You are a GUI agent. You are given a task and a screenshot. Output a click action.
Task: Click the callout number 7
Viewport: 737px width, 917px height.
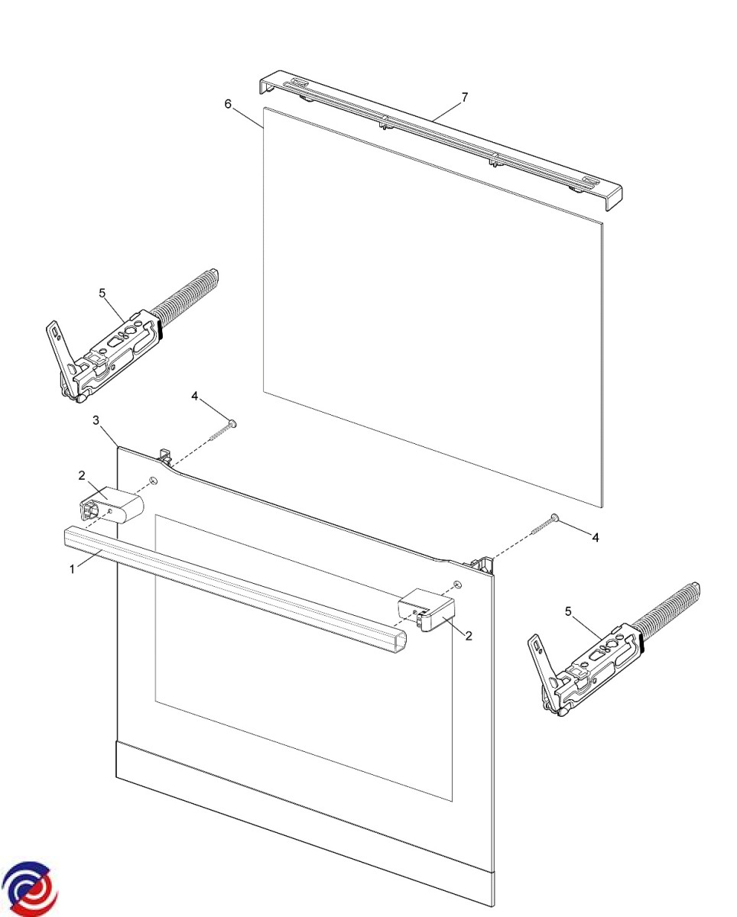click(x=464, y=97)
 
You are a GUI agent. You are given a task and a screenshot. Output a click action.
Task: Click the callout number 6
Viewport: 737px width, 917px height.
click(x=228, y=104)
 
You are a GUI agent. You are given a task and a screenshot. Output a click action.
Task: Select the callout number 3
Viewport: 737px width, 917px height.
click(x=96, y=420)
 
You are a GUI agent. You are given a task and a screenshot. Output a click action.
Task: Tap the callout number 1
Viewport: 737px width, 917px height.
click(x=72, y=569)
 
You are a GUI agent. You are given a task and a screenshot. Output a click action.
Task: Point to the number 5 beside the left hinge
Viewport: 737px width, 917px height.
click(x=102, y=293)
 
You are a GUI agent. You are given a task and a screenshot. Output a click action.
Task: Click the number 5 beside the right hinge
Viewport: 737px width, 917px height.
click(x=568, y=611)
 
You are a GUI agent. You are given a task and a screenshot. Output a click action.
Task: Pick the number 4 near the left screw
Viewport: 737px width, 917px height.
click(x=195, y=396)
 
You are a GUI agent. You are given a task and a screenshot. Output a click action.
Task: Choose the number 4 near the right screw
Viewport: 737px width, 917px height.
click(x=596, y=538)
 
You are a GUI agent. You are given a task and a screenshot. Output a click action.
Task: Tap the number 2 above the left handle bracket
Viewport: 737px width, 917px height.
click(x=82, y=475)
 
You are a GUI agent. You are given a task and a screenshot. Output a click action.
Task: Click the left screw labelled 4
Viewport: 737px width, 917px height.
click(x=222, y=431)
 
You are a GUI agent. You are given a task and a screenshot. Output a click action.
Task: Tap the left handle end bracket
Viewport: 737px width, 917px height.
click(x=112, y=505)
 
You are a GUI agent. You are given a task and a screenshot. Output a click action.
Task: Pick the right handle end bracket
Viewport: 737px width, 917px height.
click(x=425, y=610)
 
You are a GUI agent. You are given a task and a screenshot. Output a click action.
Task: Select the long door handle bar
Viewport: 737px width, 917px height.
click(x=235, y=590)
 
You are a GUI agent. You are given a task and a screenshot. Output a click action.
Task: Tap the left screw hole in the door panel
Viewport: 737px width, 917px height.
click(x=154, y=480)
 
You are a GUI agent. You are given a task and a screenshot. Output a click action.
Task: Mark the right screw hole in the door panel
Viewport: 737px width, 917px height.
click(x=457, y=583)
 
